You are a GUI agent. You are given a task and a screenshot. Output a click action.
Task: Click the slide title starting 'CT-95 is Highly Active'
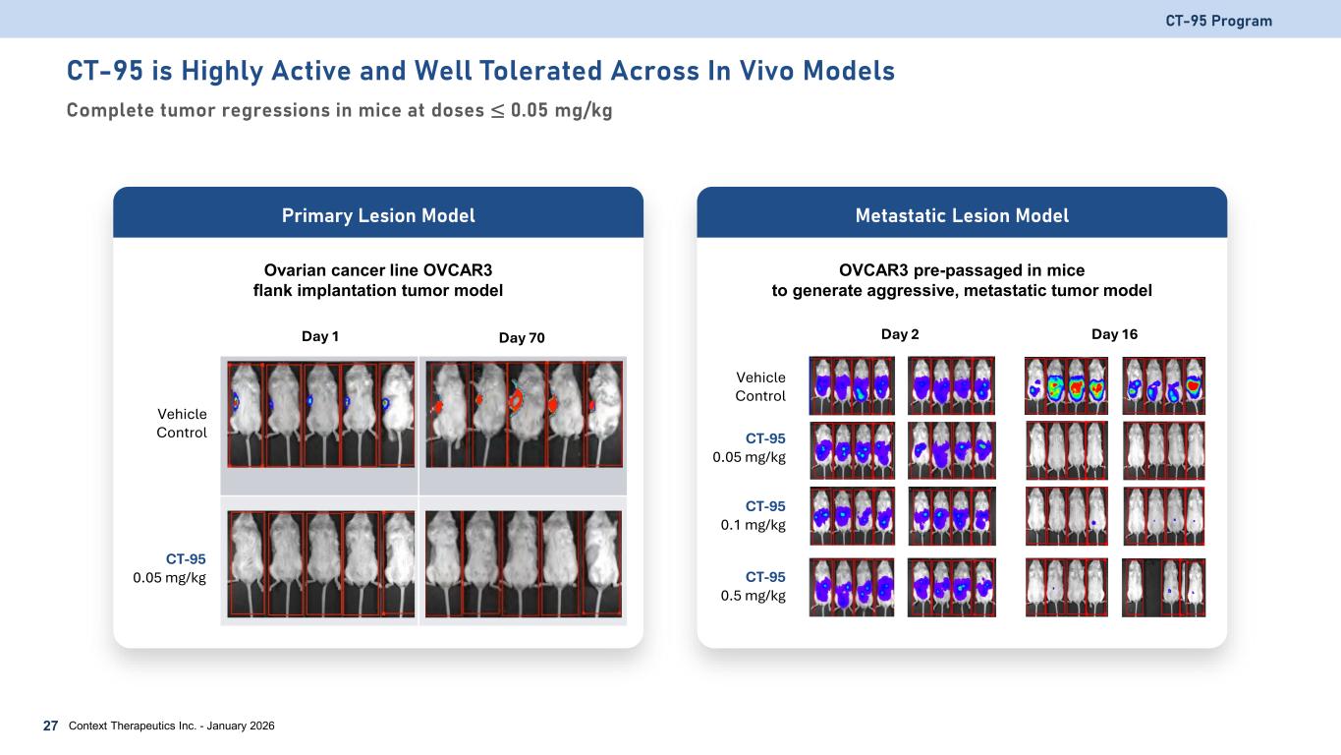point(480,72)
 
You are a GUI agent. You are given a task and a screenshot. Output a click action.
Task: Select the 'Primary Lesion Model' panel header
point(378,215)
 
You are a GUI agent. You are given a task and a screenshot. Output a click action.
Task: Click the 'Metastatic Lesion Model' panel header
point(962,215)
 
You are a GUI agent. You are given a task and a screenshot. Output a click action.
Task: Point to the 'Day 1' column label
point(320,336)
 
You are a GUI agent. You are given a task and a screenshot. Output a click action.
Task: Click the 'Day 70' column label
point(522,338)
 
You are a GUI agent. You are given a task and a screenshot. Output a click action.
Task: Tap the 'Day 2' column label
point(900,334)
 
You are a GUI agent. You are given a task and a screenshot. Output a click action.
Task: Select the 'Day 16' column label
point(1114,334)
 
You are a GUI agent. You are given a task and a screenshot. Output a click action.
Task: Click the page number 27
point(50,726)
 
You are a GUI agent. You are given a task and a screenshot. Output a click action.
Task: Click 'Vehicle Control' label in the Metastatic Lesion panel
point(760,386)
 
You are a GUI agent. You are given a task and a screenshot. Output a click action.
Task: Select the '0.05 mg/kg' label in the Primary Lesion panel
point(170,577)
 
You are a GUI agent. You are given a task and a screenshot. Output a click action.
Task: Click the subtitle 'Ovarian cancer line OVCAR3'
point(378,270)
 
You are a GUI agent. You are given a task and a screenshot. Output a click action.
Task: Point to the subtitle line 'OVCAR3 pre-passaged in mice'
point(962,270)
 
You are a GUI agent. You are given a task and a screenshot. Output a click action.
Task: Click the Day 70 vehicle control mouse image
point(523,414)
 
